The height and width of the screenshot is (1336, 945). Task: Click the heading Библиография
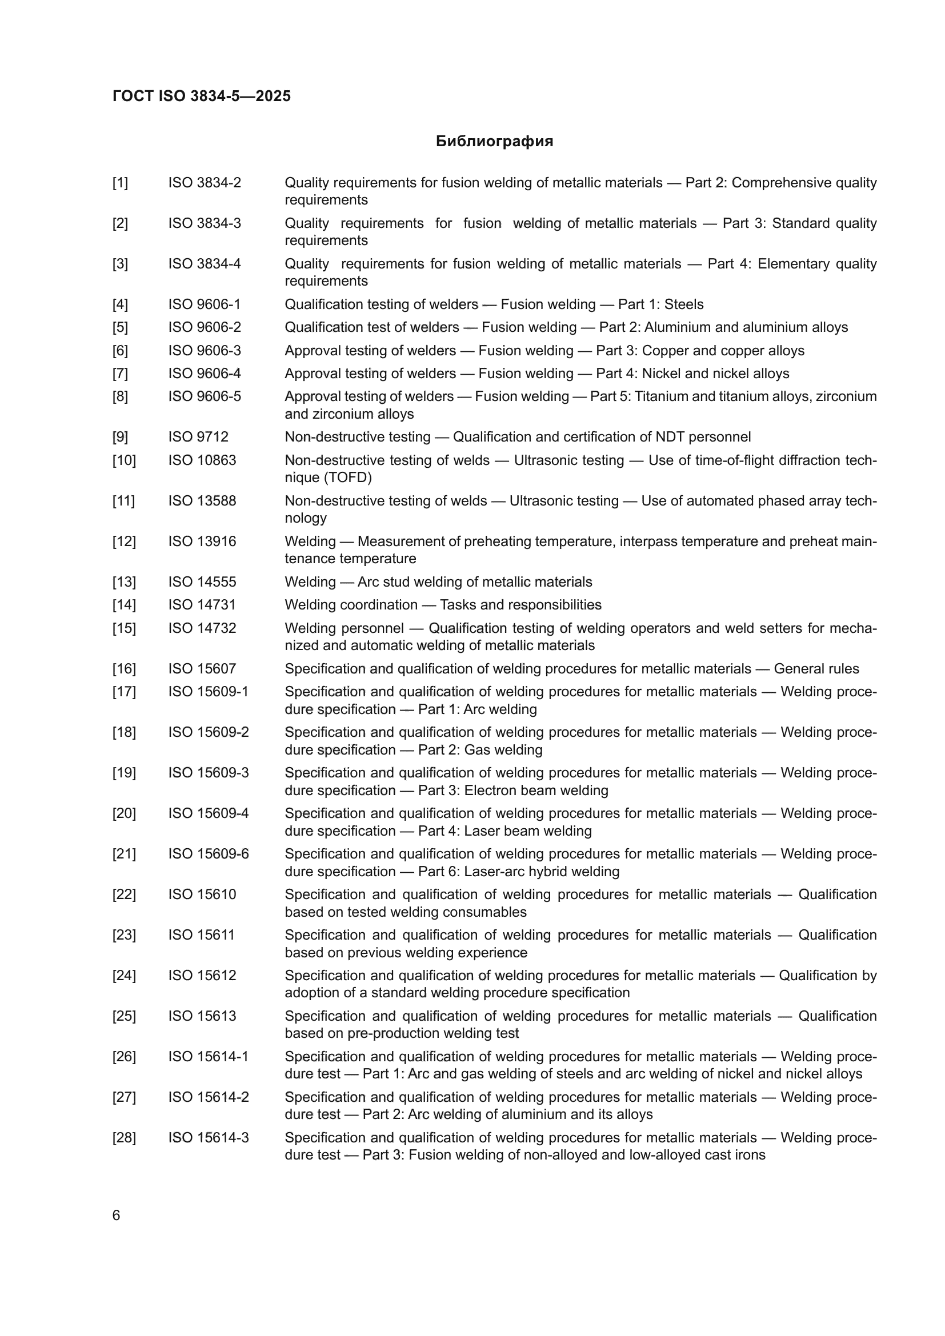494,142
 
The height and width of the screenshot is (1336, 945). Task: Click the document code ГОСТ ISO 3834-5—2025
201,97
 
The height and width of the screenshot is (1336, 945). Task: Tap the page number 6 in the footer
116,1215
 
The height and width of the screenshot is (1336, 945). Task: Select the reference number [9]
120,437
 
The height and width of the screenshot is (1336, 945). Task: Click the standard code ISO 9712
198,437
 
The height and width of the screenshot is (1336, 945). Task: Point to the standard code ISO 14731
202,605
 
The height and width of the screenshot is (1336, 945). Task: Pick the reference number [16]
124,669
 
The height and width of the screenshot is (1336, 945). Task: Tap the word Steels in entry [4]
684,304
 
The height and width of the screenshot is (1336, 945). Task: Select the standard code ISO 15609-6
209,854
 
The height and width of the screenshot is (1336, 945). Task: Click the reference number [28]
124,1138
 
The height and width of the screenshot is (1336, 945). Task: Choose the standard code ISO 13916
202,541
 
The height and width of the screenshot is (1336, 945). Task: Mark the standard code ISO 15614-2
209,1097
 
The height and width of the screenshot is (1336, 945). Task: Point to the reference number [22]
124,895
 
